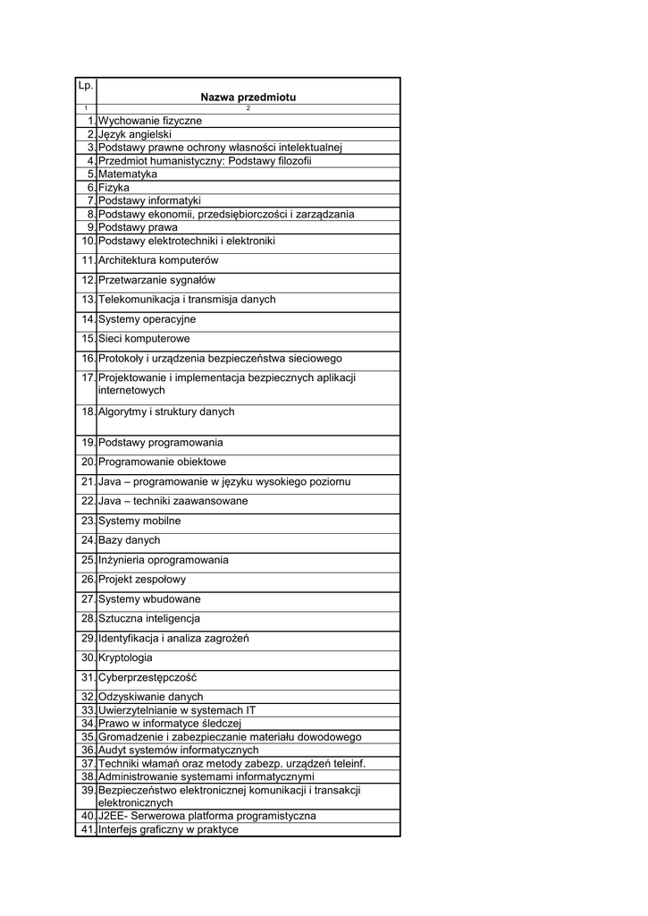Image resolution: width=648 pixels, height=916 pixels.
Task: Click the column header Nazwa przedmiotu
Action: (x=248, y=97)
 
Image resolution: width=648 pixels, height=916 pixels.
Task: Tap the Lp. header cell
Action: (x=86, y=86)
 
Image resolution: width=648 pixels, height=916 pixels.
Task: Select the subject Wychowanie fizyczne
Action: (x=150, y=121)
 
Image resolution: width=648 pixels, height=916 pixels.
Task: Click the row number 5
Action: (x=91, y=174)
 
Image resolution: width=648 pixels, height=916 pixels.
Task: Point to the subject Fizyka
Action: (x=114, y=188)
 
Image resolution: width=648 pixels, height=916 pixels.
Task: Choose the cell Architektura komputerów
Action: (x=158, y=260)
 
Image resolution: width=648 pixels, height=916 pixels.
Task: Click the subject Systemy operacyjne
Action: (x=147, y=319)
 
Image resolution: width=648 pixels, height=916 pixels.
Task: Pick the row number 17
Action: (x=88, y=378)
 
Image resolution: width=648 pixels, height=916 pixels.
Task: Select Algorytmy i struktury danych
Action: (x=166, y=412)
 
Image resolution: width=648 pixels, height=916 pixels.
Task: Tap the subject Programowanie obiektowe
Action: (x=162, y=462)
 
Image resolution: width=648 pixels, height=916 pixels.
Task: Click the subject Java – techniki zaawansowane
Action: (x=173, y=501)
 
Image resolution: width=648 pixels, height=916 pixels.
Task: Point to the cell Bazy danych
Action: (x=130, y=540)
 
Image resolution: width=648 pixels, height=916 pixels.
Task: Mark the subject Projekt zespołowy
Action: (x=142, y=580)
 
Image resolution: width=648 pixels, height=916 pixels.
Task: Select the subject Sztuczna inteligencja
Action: (x=149, y=619)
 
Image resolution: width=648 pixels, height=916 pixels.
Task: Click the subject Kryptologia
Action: (x=125, y=658)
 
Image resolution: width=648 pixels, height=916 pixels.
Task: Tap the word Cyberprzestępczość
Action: (x=147, y=678)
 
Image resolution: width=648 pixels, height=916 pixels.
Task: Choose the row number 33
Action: (x=88, y=710)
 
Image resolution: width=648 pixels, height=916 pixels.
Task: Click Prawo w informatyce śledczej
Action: (x=169, y=724)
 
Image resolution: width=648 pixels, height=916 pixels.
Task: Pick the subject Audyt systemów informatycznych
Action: (x=178, y=751)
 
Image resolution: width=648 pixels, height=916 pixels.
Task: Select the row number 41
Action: (x=88, y=830)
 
